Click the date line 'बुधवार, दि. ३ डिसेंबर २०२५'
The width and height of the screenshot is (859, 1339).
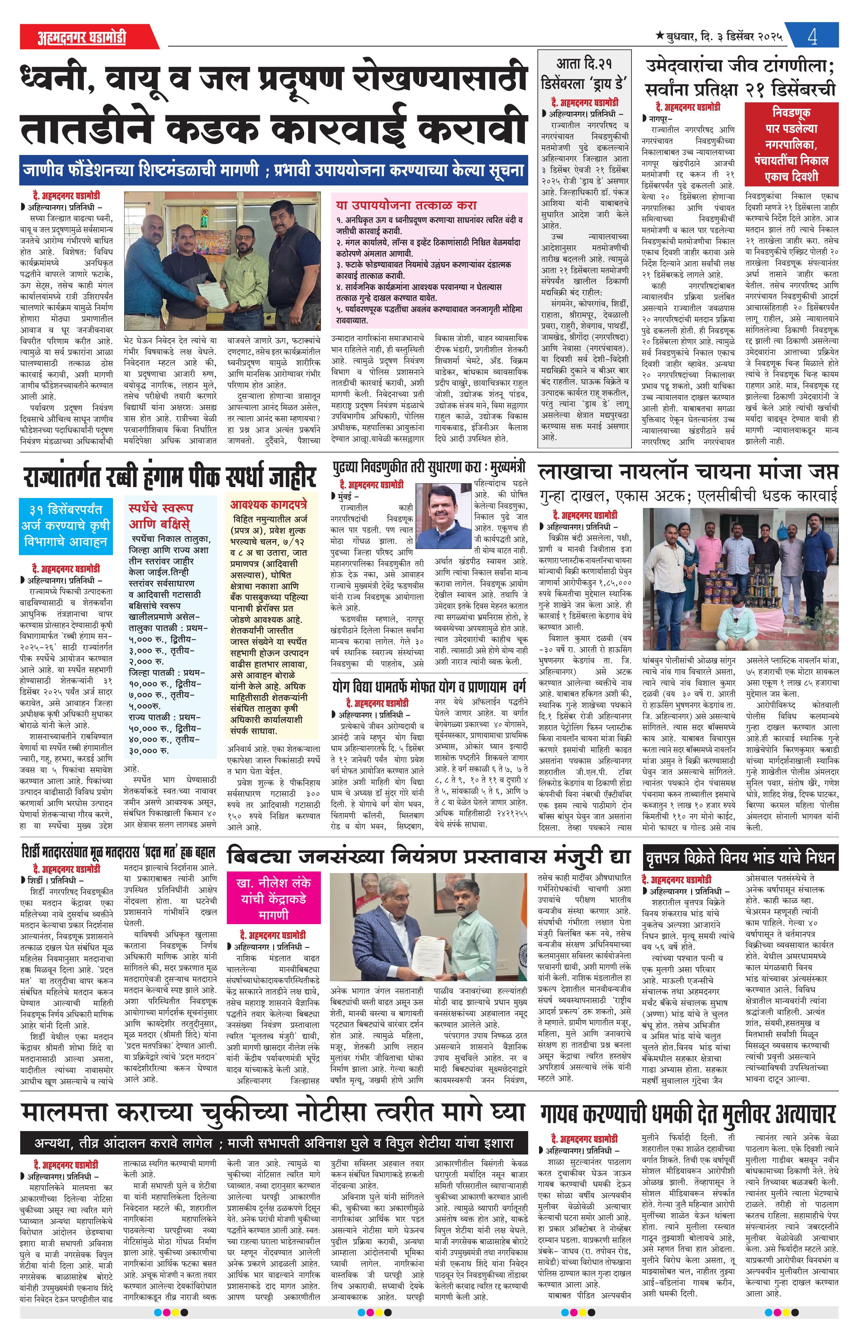[x=719, y=37]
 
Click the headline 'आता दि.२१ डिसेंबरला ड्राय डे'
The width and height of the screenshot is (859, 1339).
[x=584, y=73]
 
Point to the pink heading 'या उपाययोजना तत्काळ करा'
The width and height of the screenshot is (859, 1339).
[x=406, y=205]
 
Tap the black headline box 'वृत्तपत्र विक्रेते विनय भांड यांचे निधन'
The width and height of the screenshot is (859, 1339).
[x=740, y=857]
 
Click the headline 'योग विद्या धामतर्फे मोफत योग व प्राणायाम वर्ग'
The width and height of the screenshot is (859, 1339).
[x=429, y=685]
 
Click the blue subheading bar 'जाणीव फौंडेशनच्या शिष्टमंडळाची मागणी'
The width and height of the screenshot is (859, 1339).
[x=273, y=169]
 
